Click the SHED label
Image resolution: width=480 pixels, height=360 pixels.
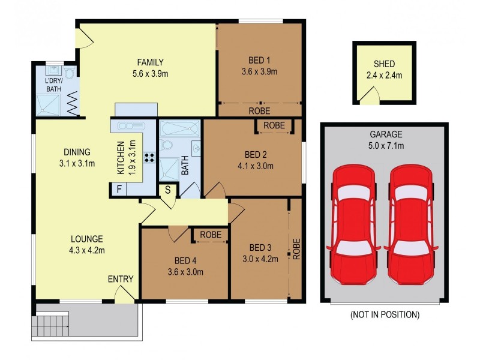pos(384,64)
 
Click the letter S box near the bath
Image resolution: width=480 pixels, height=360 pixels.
pos(168,190)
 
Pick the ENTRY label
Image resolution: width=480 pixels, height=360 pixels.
pos(120,279)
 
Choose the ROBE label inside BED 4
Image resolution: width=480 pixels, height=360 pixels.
pos(210,235)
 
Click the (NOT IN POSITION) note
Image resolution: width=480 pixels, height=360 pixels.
pos(384,314)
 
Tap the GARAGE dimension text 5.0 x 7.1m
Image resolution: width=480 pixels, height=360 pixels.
pos(386,146)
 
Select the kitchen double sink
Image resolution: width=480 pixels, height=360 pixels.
pos(129,126)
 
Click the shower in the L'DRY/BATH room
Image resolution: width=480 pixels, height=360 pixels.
pos(50,105)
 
